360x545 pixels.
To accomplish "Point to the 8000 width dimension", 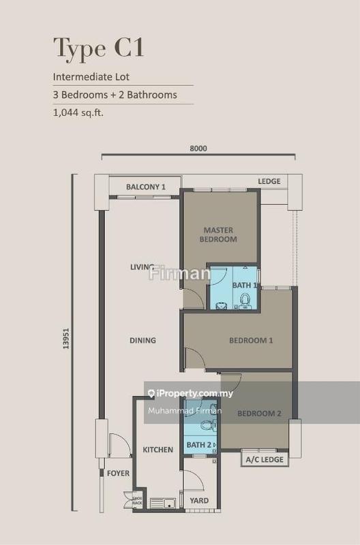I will click(198, 149).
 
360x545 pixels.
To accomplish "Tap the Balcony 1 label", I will click(147, 187).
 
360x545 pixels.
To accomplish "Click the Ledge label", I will click(269, 181).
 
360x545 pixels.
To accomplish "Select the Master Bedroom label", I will click(218, 234).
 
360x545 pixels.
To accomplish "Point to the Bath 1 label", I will click(244, 285).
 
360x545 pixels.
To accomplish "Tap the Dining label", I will click(142, 340).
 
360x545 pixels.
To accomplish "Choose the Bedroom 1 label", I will click(251, 341).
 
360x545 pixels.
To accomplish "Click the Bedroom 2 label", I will click(259, 414).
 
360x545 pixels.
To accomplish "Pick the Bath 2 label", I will click(198, 446).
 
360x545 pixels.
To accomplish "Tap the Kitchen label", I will click(157, 450).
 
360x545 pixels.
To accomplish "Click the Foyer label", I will click(118, 473).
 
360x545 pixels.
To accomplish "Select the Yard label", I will click(200, 501).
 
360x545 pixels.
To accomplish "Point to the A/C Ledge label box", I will click(265, 460).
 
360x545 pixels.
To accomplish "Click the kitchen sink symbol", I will click(162, 503).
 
